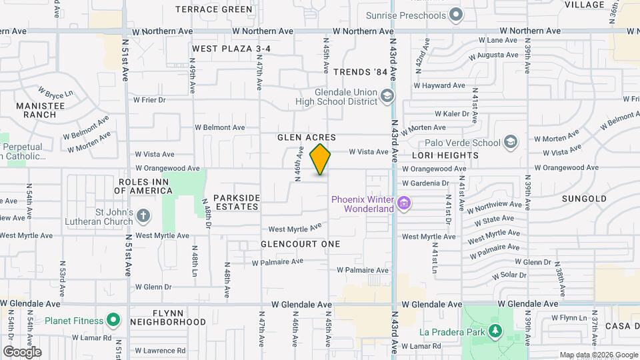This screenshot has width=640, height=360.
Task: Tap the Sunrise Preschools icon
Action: [x=456, y=14]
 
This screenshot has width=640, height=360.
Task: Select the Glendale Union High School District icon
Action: [x=387, y=97]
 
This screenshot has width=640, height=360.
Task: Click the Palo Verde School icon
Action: [x=510, y=142]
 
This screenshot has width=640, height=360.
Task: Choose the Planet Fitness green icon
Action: [x=113, y=321]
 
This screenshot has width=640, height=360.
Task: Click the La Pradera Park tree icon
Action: [x=494, y=330]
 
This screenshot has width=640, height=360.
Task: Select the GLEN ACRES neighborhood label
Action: [x=307, y=137]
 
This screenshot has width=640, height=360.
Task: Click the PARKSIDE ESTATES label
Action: [x=237, y=202]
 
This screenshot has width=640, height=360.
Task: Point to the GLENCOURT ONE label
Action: [x=300, y=244]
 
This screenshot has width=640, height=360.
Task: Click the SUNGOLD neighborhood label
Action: [x=584, y=199]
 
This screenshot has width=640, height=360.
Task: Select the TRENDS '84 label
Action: [x=360, y=72]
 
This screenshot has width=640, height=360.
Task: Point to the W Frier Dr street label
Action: [x=149, y=100]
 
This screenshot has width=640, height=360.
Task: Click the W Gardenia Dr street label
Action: [x=425, y=183]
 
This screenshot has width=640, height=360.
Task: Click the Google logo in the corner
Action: [x=22, y=351]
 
